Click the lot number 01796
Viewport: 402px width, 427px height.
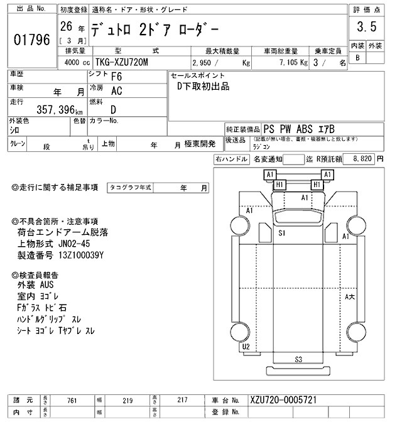31,40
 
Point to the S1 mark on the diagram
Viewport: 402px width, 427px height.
283,233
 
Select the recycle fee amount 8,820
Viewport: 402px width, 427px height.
362,159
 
